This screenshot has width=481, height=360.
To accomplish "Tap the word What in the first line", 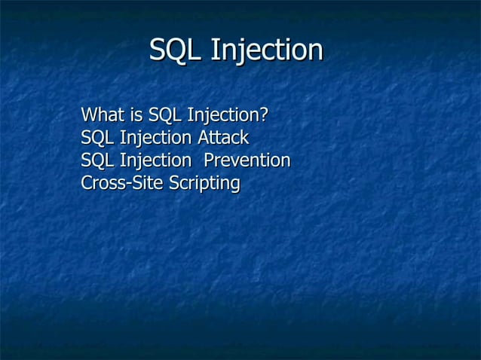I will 102,116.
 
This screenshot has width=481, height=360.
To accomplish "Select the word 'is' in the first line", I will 136,116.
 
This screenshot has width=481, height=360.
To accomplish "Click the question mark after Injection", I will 264,116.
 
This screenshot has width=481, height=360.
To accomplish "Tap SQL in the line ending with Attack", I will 97,139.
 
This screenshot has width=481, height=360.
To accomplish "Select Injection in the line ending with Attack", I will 155,139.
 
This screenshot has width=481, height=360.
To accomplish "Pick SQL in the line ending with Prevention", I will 97,161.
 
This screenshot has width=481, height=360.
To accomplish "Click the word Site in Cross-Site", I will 146,183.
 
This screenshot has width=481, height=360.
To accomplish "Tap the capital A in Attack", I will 203,139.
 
